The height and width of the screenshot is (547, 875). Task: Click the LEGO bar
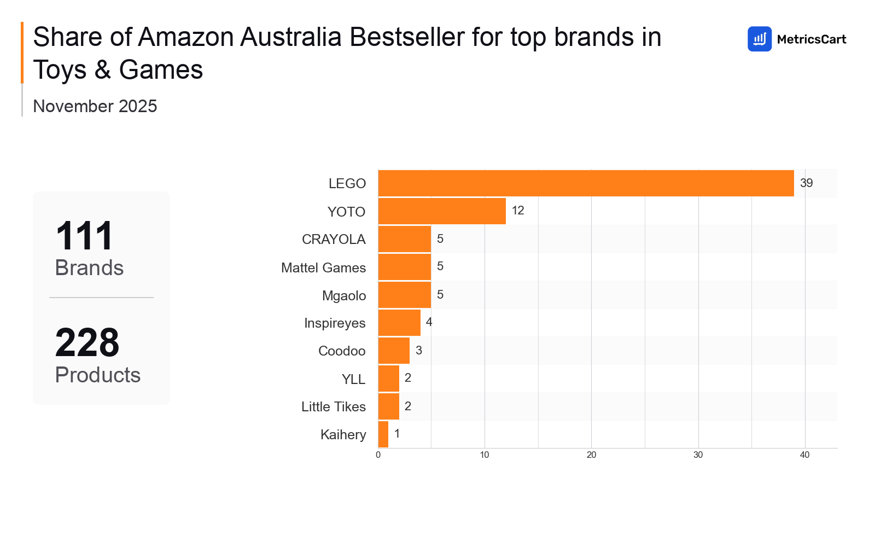(x=586, y=183)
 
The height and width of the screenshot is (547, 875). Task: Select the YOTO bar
(x=442, y=211)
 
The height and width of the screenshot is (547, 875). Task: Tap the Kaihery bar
(x=383, y=434)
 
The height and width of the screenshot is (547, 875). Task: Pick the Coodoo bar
(x=394, y=351)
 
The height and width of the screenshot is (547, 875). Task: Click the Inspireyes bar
(x=399, y=323)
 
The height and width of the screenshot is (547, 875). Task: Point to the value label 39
(x=806, y=183)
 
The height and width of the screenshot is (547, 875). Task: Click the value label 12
(x=518, y=211)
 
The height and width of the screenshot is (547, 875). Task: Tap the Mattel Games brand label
(x=323, y=267)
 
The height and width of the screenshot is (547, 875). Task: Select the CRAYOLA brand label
(x=334, y=240)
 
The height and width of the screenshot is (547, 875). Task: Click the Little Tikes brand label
(x=334, y=407)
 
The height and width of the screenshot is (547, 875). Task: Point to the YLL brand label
(x=353, y=379)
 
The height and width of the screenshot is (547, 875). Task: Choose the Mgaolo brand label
(x=344, y=296)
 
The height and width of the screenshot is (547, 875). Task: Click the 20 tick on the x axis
(x=591, y=455)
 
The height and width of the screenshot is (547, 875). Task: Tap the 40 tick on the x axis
(x=804, y=455)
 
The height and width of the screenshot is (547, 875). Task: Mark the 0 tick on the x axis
(x=378, y=455)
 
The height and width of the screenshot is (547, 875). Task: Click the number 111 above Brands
(x=84, y=236)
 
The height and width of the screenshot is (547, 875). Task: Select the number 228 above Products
(x=87, y=343)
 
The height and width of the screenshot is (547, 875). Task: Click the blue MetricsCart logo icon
(x=760, y=39)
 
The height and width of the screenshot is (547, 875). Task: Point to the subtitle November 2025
(x=95, y=106)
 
